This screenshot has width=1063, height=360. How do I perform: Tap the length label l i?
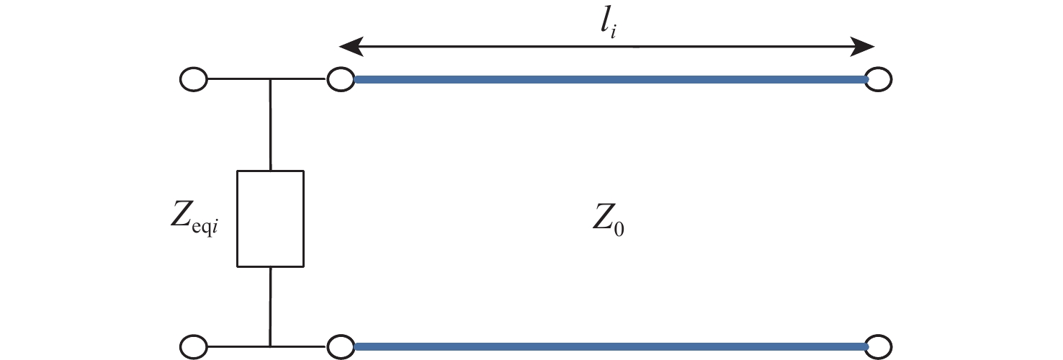(x=608, y=24)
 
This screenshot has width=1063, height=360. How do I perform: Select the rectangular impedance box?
(x=271, y=219)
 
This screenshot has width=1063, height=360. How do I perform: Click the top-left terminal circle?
(x=194, y=79)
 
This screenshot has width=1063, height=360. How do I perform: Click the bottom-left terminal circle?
(x=194, y=347)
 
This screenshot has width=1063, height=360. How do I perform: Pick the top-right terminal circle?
(x=879, y=79)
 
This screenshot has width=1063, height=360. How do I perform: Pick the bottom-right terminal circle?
(x=879, y=347)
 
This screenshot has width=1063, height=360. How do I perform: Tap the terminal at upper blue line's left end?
(x=341, y=79)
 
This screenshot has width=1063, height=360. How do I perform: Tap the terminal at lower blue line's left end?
(x=341, y=347)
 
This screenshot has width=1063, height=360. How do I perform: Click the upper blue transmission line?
(x=611, y=80)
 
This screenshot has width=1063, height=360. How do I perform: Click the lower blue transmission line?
(x=611, y=347)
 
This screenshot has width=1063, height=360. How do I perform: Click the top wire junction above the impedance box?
(x=271, y=79)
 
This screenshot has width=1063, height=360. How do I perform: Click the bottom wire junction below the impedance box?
(x=271, y=347)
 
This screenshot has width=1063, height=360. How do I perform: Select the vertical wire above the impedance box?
(x=271, y=125)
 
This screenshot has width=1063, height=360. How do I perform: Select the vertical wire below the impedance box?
(x=271, y=307)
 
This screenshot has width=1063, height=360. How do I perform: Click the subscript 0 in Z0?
(x=619, y=229)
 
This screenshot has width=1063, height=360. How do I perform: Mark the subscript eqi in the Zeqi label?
(x=205, y=228)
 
